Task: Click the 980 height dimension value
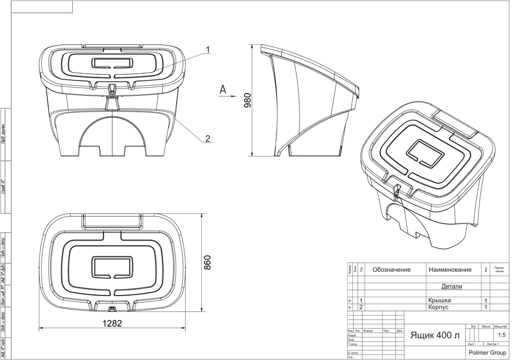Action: click(247, 99)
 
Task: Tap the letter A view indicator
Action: click(222, 89)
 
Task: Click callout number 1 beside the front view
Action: click(208, 50)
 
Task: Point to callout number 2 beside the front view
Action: click(208, 138)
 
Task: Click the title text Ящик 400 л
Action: click(435, 336)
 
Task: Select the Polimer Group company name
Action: click(486, 353)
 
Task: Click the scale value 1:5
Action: click(501, 335)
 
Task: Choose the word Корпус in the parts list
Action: click(439, 307)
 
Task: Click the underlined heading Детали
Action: click(452, 286)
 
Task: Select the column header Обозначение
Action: click(391, 270)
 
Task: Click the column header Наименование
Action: click(450, 270)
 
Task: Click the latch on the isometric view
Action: click(397, 189)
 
